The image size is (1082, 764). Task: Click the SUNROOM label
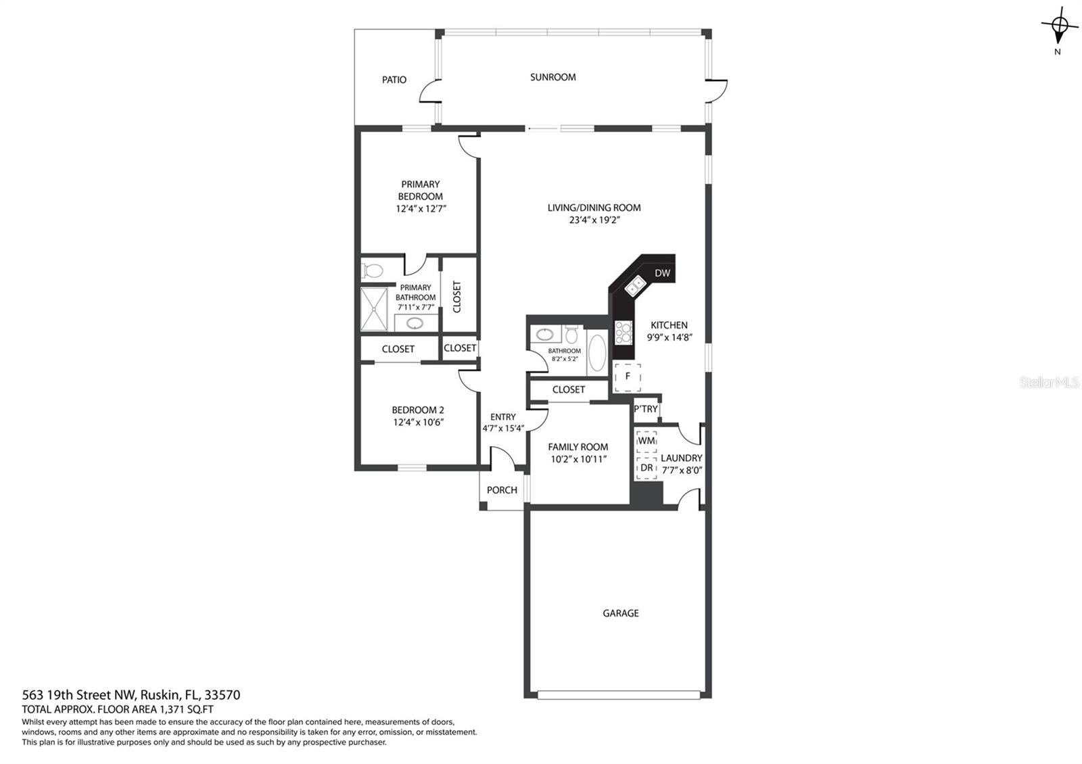(x=552, y=77)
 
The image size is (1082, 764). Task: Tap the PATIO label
(x=394, y=80)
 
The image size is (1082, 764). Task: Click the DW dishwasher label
(x=662, y=273)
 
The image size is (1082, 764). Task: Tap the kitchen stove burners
(x=623, y=333)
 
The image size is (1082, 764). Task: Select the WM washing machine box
(x=646, y=441)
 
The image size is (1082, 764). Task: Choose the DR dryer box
(x=646, y=468)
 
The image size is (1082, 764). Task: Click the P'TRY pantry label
(x=646, y=409)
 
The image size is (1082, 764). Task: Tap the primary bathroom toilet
(x=372, y=270)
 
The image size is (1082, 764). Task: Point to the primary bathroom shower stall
(x=374, y=310)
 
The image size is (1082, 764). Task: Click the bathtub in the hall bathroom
(x=598, y=352)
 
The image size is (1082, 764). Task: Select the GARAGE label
(x=621, y=613)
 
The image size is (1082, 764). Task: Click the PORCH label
(x=502, y=490)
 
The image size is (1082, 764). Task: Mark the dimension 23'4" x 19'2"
(x=594, y=220)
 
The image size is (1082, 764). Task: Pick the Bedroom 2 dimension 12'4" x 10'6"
(x=419, y=423)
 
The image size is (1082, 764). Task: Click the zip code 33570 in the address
(x=222, y=695)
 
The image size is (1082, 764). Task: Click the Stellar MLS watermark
(x=1049, y=383)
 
